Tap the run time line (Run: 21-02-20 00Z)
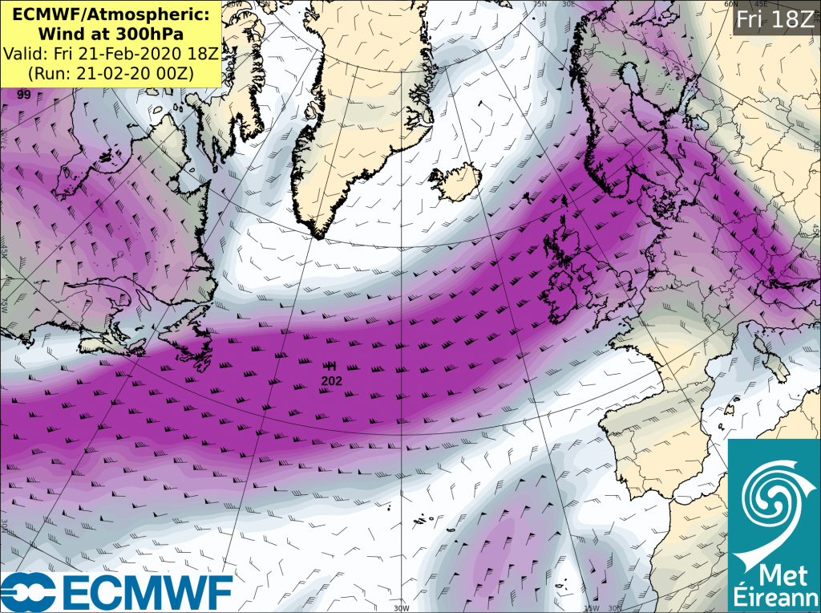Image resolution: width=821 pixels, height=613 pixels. coord(113,73)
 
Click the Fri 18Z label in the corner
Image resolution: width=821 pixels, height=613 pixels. coord(774,19)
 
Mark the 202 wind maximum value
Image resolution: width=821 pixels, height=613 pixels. coord(331,380)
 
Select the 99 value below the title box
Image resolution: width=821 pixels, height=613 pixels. coord(24,94)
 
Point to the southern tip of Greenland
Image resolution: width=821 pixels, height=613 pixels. coord(320,236)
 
